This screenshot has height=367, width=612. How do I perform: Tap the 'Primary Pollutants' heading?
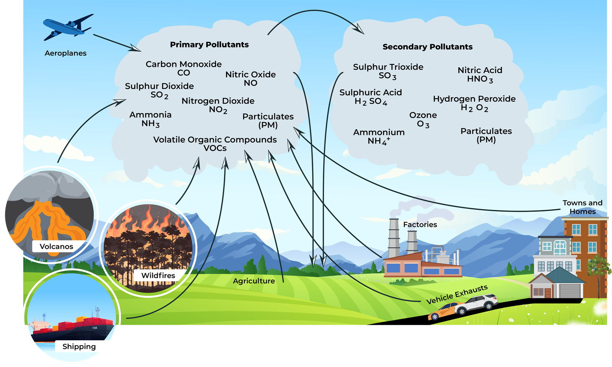click(209, 45)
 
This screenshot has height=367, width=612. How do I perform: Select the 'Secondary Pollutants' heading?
click(427, 47)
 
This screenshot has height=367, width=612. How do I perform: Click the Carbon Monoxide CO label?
click(184, 68)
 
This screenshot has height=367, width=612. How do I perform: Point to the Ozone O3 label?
click(423, 119)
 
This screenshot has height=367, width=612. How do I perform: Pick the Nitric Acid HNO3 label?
click(480, 75)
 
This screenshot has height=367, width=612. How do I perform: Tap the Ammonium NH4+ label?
click(379, 136)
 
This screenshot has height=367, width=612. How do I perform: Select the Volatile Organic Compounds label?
click(215, 144)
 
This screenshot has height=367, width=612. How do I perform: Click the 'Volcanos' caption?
click(56, 247)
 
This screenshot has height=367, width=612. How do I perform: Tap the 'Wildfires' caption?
click(158, 276)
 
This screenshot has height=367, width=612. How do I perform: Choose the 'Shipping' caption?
click(79, 347)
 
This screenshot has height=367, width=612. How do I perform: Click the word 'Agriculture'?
click(254, 281)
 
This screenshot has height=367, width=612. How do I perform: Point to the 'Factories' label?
click(420, 224)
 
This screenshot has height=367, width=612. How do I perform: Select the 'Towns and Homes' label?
click(582, 207)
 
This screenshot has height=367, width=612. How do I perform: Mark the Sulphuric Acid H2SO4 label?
click(370, 97)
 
